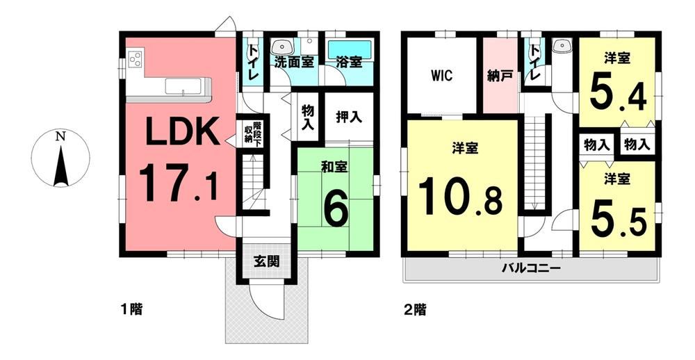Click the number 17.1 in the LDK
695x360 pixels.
178,183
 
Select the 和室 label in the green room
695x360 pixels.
334,166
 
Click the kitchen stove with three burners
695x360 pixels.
135,59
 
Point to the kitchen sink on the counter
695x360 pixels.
183,86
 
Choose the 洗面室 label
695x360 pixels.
294,62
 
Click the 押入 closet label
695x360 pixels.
349,117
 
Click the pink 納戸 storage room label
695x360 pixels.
500,76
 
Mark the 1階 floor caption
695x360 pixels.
131,309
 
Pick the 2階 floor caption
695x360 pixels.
415,309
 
